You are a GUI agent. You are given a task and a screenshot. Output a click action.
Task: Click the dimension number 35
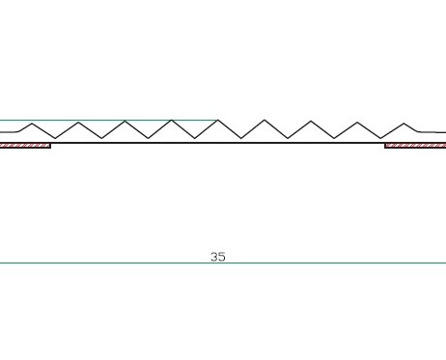218,257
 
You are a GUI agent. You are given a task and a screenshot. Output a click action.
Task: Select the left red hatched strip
25,146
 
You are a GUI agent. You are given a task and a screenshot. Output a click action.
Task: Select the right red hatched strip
415,146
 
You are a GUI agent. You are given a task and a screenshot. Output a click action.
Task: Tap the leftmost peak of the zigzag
32,124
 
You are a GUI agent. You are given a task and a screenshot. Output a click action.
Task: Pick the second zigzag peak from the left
78,122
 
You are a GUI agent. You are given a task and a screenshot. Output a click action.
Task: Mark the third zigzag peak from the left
125,122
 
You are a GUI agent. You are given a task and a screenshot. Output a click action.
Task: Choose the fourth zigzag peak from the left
172,121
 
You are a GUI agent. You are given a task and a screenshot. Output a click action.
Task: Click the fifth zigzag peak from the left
218,121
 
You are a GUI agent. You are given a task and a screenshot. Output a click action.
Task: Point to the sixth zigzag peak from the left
265,121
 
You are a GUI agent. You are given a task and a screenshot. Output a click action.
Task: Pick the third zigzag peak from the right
311,121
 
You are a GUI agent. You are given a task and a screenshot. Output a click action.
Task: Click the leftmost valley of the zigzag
55,138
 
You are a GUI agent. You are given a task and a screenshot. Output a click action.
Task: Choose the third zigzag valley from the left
149,138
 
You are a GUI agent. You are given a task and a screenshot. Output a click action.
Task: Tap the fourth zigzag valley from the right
241,138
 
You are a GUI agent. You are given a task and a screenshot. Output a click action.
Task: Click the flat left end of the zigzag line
8,131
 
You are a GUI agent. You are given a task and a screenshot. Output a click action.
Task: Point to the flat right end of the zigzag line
432,131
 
